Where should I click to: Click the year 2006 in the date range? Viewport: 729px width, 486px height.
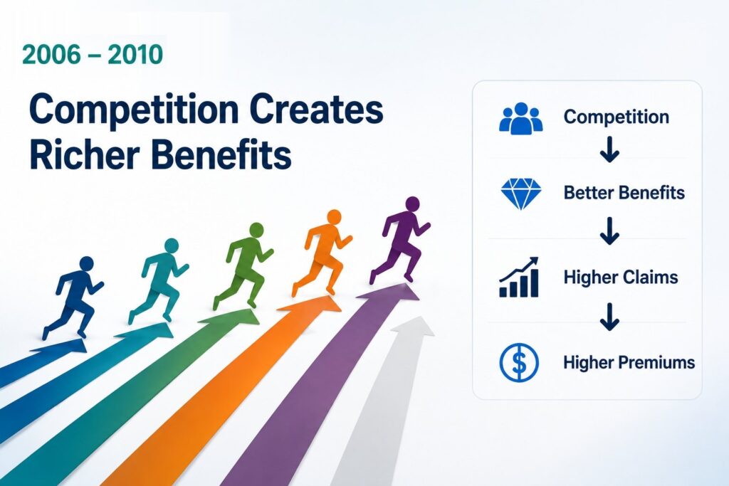[51, 54]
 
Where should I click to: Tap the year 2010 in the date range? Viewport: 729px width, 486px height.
[135, 54]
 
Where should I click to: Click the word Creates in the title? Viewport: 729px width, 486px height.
[316, 110]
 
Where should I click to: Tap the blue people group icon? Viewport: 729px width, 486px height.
[520, 119]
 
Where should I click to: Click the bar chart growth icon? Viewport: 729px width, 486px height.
[519, 277]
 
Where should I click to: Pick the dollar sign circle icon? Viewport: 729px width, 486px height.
[519, 362]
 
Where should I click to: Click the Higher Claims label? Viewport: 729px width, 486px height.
[621, 278]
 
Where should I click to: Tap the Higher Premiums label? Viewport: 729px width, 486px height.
[629, 362]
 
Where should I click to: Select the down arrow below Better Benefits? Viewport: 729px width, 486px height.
[609, 231]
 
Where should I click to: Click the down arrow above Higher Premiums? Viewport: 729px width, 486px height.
[609, 317]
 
